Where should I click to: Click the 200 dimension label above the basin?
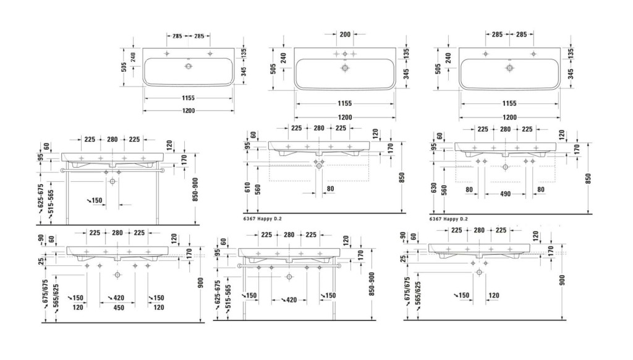(345, 35)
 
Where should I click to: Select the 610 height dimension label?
(247, 187)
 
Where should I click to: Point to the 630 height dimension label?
(434, 188)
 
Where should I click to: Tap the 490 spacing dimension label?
(506, 194)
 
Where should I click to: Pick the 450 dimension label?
(119, 307)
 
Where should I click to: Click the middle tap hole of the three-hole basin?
(345, 54)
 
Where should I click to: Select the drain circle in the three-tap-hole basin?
(345, 68)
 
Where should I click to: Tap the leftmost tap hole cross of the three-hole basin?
(336, 54)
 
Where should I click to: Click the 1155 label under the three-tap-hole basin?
(345, 103)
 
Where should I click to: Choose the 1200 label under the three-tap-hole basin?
(345, 118)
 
